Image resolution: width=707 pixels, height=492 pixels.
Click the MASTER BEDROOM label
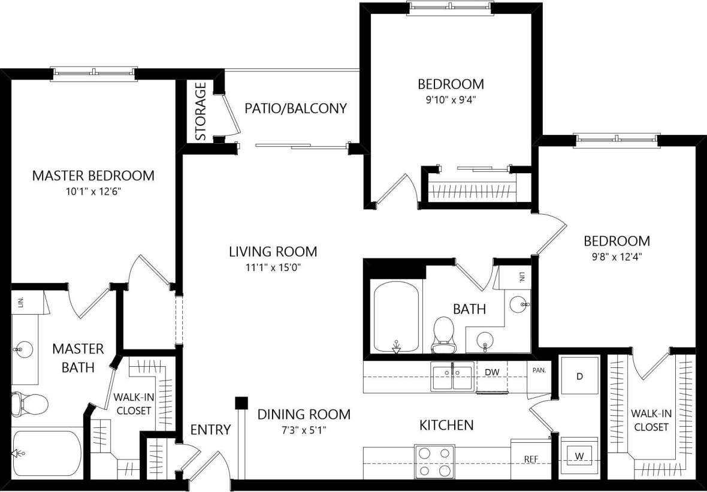tap(93, 176)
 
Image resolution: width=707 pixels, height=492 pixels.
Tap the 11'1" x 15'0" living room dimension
tap(273, 267)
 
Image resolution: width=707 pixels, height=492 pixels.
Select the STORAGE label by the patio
tap(201, 111)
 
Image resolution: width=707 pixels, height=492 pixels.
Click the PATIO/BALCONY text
tap(295, 108)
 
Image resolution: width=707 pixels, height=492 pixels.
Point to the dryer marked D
tap(579, 376)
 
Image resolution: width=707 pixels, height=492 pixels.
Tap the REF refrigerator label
tap(530, 459)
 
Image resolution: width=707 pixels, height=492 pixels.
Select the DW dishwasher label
tap(491, 372)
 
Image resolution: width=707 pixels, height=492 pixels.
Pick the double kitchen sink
tap(452, 378)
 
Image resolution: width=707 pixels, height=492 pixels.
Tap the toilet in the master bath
tap(30, 403)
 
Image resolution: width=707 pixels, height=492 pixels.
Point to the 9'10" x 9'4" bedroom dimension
tap(451, 100)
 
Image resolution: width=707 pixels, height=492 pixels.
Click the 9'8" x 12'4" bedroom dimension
tap(617, 258)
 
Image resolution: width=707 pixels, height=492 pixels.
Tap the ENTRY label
tap(210, 429)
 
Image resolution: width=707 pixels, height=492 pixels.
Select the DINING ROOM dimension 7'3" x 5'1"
tap(304, 430)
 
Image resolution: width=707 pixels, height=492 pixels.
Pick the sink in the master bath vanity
tap(24, 347)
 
